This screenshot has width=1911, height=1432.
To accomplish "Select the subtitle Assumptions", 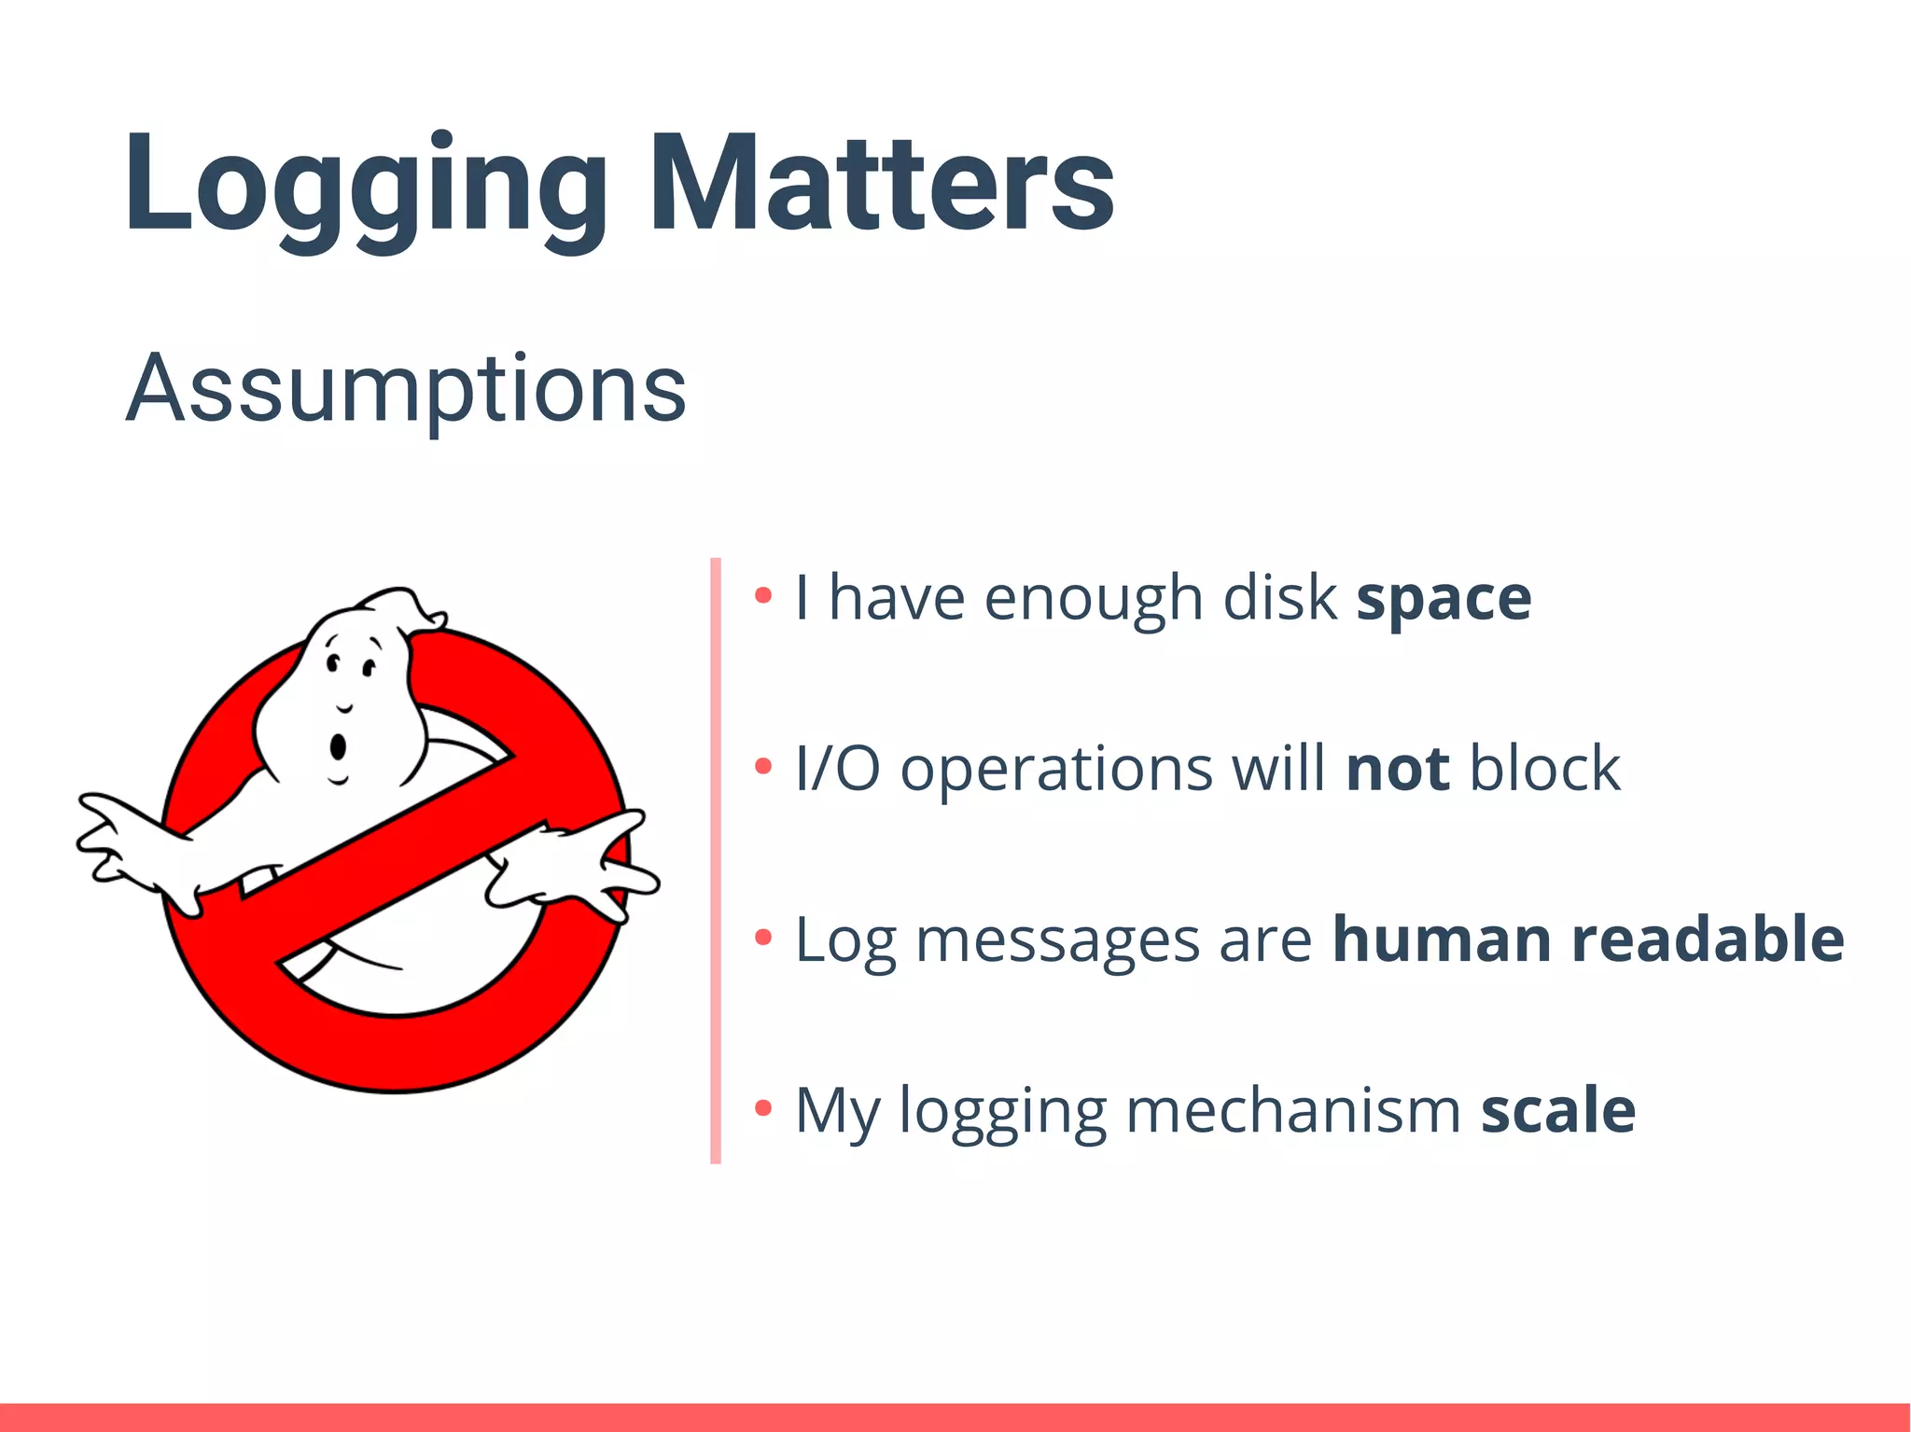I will coord(406,388).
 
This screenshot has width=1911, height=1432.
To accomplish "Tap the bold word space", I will coord(1443,598).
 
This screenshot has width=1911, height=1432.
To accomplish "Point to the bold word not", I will coord(1398,769).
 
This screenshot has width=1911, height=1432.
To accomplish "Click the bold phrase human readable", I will coord(1587,938).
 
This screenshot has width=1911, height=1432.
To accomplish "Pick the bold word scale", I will coord(1557,1110).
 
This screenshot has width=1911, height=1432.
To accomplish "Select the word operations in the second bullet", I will coord(1055,771).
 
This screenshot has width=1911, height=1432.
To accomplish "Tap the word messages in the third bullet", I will coord(1056,940).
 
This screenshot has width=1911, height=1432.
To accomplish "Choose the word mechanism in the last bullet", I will coord(1292,1110).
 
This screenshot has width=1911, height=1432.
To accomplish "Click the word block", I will coord(1544,769).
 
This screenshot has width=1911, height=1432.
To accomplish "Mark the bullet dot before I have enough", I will coord(763,595).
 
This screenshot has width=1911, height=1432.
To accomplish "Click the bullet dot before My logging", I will coord(763,1108).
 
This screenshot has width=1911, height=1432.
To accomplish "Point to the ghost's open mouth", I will coord(338,746).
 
